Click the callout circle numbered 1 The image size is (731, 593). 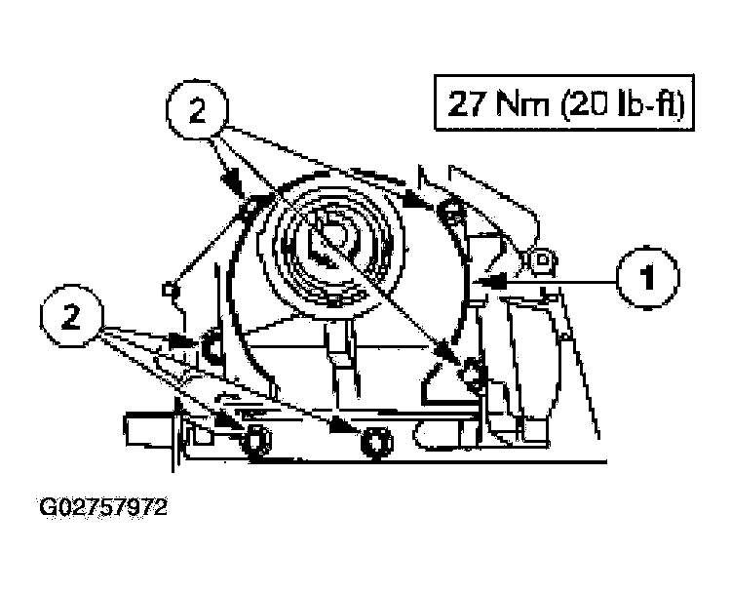pos(648,279)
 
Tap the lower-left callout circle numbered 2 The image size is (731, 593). pos(72,316)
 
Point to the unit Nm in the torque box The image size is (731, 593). pos(522,103)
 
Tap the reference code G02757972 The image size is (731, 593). pos(103,507)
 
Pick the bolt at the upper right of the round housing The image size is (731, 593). pos(450,211)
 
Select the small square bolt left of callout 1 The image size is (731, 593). pos(541,259)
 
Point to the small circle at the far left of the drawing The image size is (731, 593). pos(169,290)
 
